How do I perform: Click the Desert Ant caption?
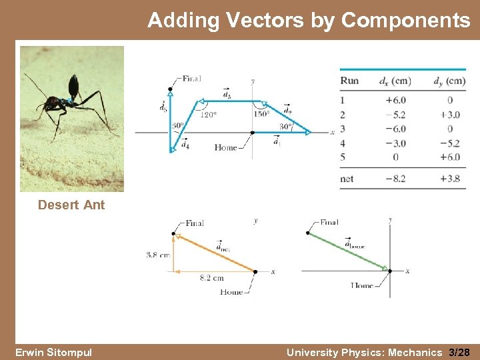tap(71, 205)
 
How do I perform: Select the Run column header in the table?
tap(349, 81)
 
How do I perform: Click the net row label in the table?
tap(347, 179)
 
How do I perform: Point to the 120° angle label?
tap(208, 115)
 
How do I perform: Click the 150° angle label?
tap(261, 114)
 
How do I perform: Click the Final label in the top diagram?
tap(191, 79)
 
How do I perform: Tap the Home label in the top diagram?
tap(226, 147)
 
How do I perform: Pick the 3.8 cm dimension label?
tap(158, 254)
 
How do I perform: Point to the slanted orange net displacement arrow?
tap(215, 252)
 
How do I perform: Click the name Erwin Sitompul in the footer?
tap(53, 352)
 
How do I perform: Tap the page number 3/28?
tap(459, 352)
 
